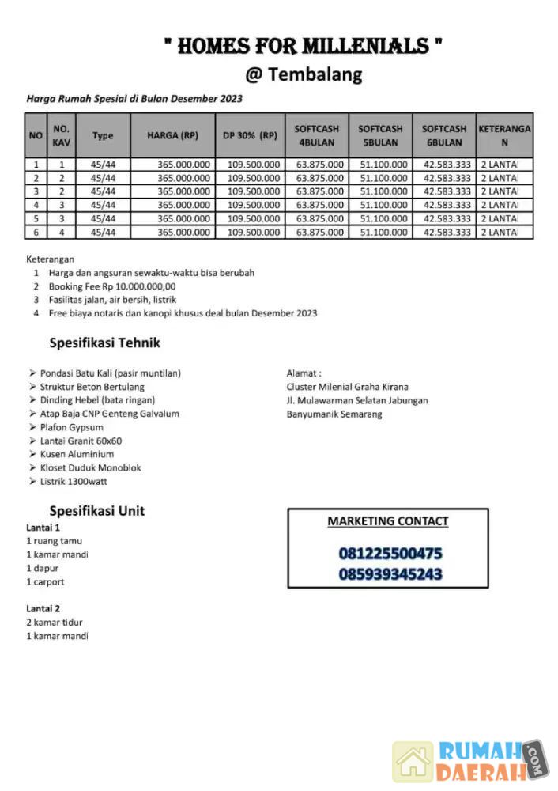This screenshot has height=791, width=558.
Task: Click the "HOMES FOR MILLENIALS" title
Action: [303, 46]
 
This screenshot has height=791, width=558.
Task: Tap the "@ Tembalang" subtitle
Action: [304, 75]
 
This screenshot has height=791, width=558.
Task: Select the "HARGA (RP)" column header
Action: [172, 135]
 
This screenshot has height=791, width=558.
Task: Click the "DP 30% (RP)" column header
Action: [250, 135]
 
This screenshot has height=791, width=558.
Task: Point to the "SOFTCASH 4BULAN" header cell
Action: [316, 135]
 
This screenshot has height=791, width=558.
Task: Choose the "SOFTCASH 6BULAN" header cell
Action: [443, 135]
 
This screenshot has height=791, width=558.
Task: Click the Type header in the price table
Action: [103, 135]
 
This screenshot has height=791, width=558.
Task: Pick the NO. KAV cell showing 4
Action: [62, 233]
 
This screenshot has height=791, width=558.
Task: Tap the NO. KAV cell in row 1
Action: [62, 165]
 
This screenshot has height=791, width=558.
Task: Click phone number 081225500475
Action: [390, 553]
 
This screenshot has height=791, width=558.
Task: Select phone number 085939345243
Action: [390, 573]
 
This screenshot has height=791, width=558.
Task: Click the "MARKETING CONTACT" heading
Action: [387, 521]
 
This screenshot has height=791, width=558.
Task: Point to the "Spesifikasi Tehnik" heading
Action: [104, 343]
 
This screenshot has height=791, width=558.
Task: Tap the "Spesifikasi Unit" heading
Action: [96, 510]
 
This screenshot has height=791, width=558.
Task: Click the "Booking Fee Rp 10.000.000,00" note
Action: [111, 286]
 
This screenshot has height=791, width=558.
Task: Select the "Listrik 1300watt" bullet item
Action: [74, 481]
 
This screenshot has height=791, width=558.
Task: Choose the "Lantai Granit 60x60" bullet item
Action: [81, 441]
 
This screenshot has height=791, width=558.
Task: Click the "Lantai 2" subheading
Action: [43, 608]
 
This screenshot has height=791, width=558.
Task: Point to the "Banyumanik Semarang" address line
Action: [334, 414]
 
